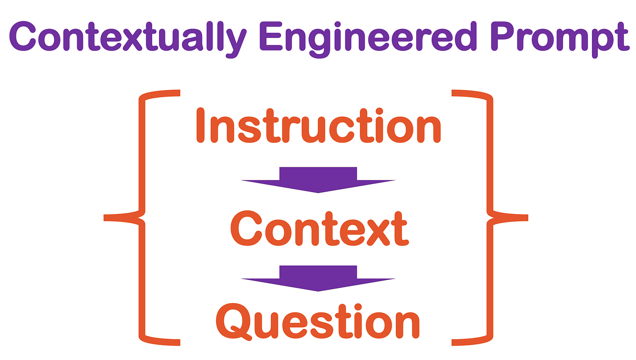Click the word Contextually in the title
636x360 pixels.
(x=128, y=39)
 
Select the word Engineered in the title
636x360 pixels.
(x=368, y=39)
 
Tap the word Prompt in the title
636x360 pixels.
(x=560, y=39)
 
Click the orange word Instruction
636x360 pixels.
(x=318, y=125)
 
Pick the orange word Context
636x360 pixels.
(x=319, y=229)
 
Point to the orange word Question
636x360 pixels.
(x=318, y=321)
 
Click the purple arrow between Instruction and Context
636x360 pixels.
(x=318, y=180)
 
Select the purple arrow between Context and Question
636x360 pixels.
(x=318, y=279)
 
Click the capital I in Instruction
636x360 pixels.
(x=200, y=125)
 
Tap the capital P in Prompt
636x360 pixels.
(x=504, y=36)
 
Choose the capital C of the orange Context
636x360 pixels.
(x=246, y=229)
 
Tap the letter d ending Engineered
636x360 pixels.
(x=464, y=36)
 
